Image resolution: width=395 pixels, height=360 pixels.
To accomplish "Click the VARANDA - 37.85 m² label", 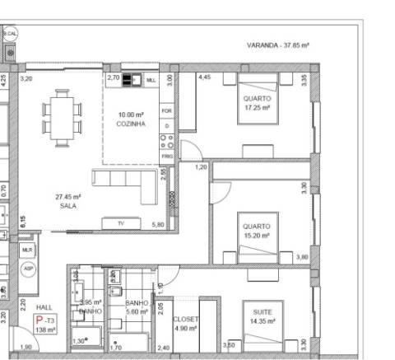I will [x=277, y=46].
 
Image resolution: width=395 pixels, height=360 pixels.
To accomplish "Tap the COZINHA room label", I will [x=131, y=119].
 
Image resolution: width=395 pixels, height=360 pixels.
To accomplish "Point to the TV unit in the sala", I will [x=119, y=223].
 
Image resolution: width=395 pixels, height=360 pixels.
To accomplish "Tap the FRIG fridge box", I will [x=166, y=156].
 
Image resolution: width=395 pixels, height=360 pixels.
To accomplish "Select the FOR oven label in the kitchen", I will [x=166, y=110].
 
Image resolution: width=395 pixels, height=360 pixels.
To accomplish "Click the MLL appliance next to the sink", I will [x=151, y=81].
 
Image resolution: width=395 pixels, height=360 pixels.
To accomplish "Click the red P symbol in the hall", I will [x=38, y=320].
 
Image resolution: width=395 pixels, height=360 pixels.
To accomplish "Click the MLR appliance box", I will [x=27, y=249].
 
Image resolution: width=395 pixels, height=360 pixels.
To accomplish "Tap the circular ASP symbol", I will [x=27, y=269].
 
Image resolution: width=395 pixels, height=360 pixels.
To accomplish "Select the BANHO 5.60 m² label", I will [x=136, y=307].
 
